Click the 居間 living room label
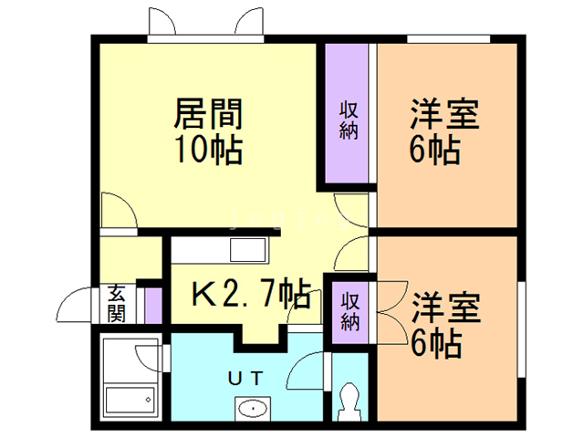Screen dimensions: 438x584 (x=208, y=115)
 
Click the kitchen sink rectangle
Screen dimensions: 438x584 (x=247, y=249)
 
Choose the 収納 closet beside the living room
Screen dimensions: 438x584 (x=349, y=119)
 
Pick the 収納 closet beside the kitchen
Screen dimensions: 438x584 (x=350, y=309)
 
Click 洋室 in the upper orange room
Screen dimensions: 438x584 (x=444, y=116)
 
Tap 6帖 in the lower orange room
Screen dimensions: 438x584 (x=434, y=344)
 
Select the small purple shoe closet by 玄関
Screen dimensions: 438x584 (x=152, y=305)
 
